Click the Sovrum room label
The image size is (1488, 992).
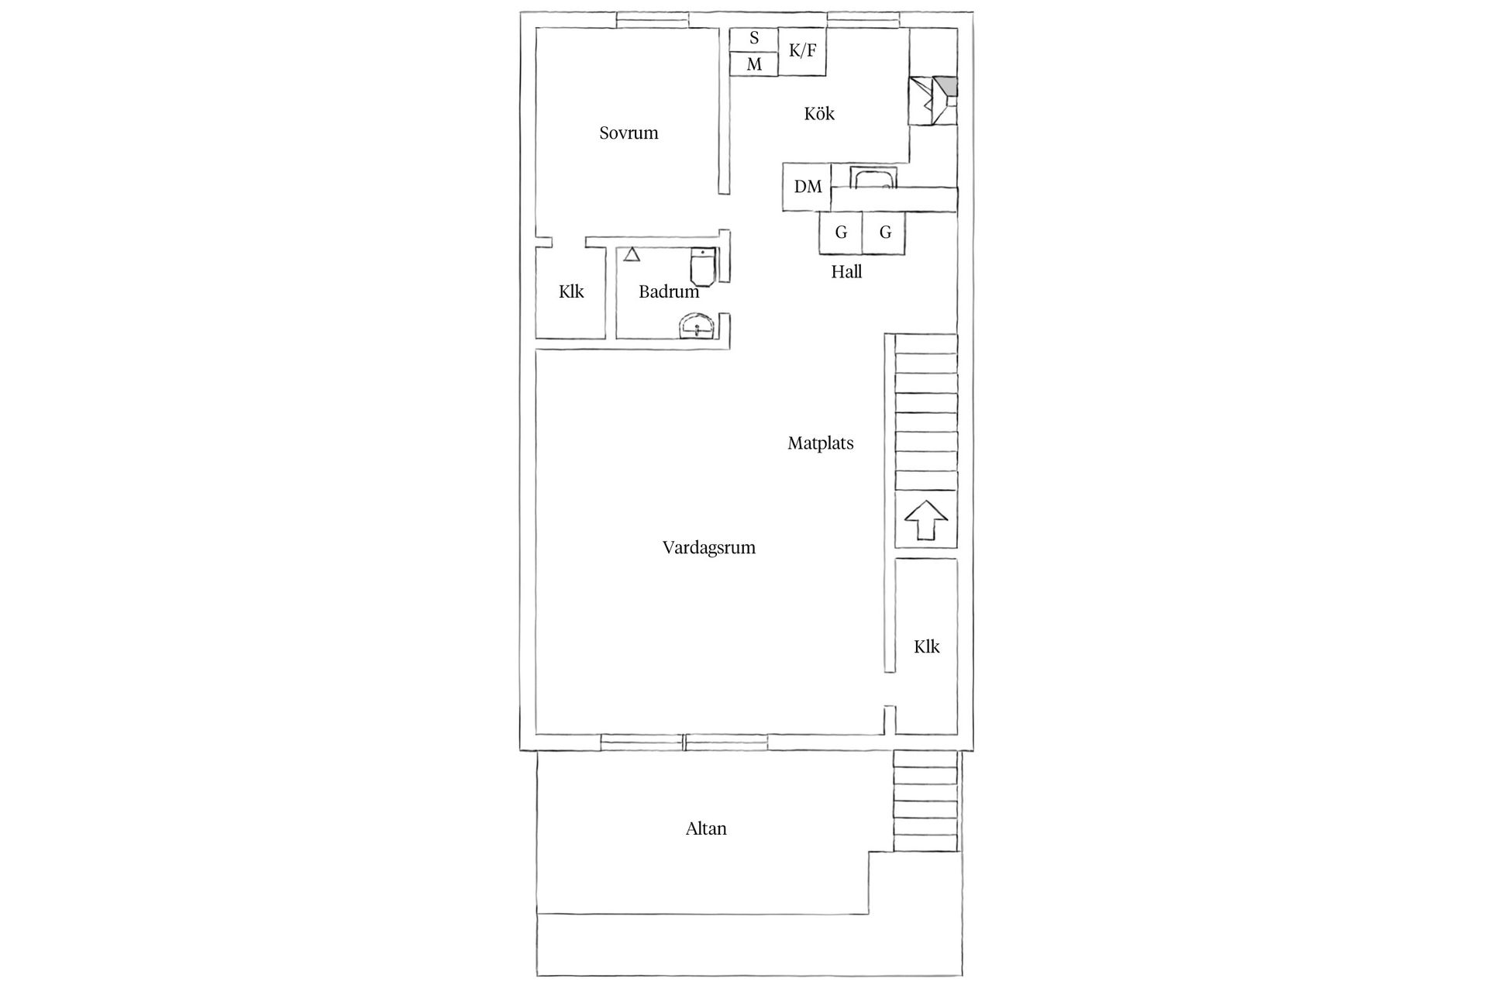click(629, 133)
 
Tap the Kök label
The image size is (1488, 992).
click(819, 114)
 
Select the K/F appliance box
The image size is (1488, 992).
click(802, 51)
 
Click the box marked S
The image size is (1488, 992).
click(754, 39)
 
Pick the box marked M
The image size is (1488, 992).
click(754, 64)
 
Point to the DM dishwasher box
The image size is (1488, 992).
click(808, 187)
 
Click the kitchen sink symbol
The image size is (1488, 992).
click(873, 178)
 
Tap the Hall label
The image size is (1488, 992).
click(846, 272)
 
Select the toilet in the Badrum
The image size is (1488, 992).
click(703, 266)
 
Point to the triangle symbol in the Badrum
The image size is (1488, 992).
click(632, 254)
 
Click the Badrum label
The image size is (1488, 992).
click(668, 292)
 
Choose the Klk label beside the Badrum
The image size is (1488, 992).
click(571, 292)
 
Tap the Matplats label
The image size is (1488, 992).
click(820, 443)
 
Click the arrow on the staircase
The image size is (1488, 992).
click(926, 520)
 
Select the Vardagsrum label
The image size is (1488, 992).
click(708, 548)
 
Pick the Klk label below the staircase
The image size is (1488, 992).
click(926, 647)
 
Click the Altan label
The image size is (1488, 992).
click(706, 829)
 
